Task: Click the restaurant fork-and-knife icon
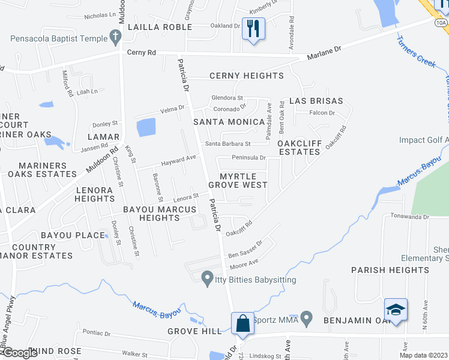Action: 253,28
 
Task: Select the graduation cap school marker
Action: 396,310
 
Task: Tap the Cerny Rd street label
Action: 142,53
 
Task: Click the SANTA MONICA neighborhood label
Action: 229,122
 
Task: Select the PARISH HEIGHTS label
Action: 390,270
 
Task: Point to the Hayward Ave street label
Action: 178,159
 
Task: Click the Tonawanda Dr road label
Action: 411,217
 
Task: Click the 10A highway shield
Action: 441,23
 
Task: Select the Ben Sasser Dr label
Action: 246,250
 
